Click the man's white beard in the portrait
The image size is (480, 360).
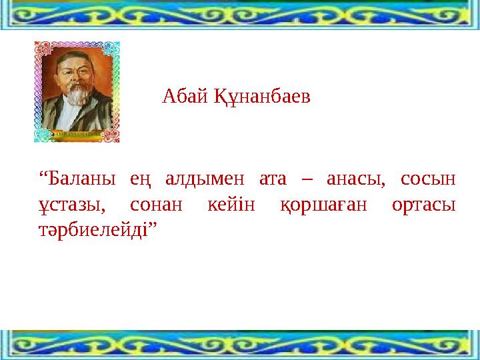point(75,97)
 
